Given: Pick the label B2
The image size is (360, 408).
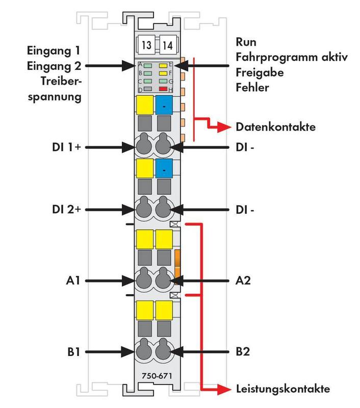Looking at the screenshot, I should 244,351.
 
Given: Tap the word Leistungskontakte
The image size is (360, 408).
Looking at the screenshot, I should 283,389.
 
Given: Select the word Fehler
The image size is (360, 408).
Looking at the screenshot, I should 252,87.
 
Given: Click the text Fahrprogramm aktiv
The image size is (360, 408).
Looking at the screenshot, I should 292,57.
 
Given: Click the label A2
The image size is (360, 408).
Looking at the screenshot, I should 244,280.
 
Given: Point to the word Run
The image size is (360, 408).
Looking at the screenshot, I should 246,41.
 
